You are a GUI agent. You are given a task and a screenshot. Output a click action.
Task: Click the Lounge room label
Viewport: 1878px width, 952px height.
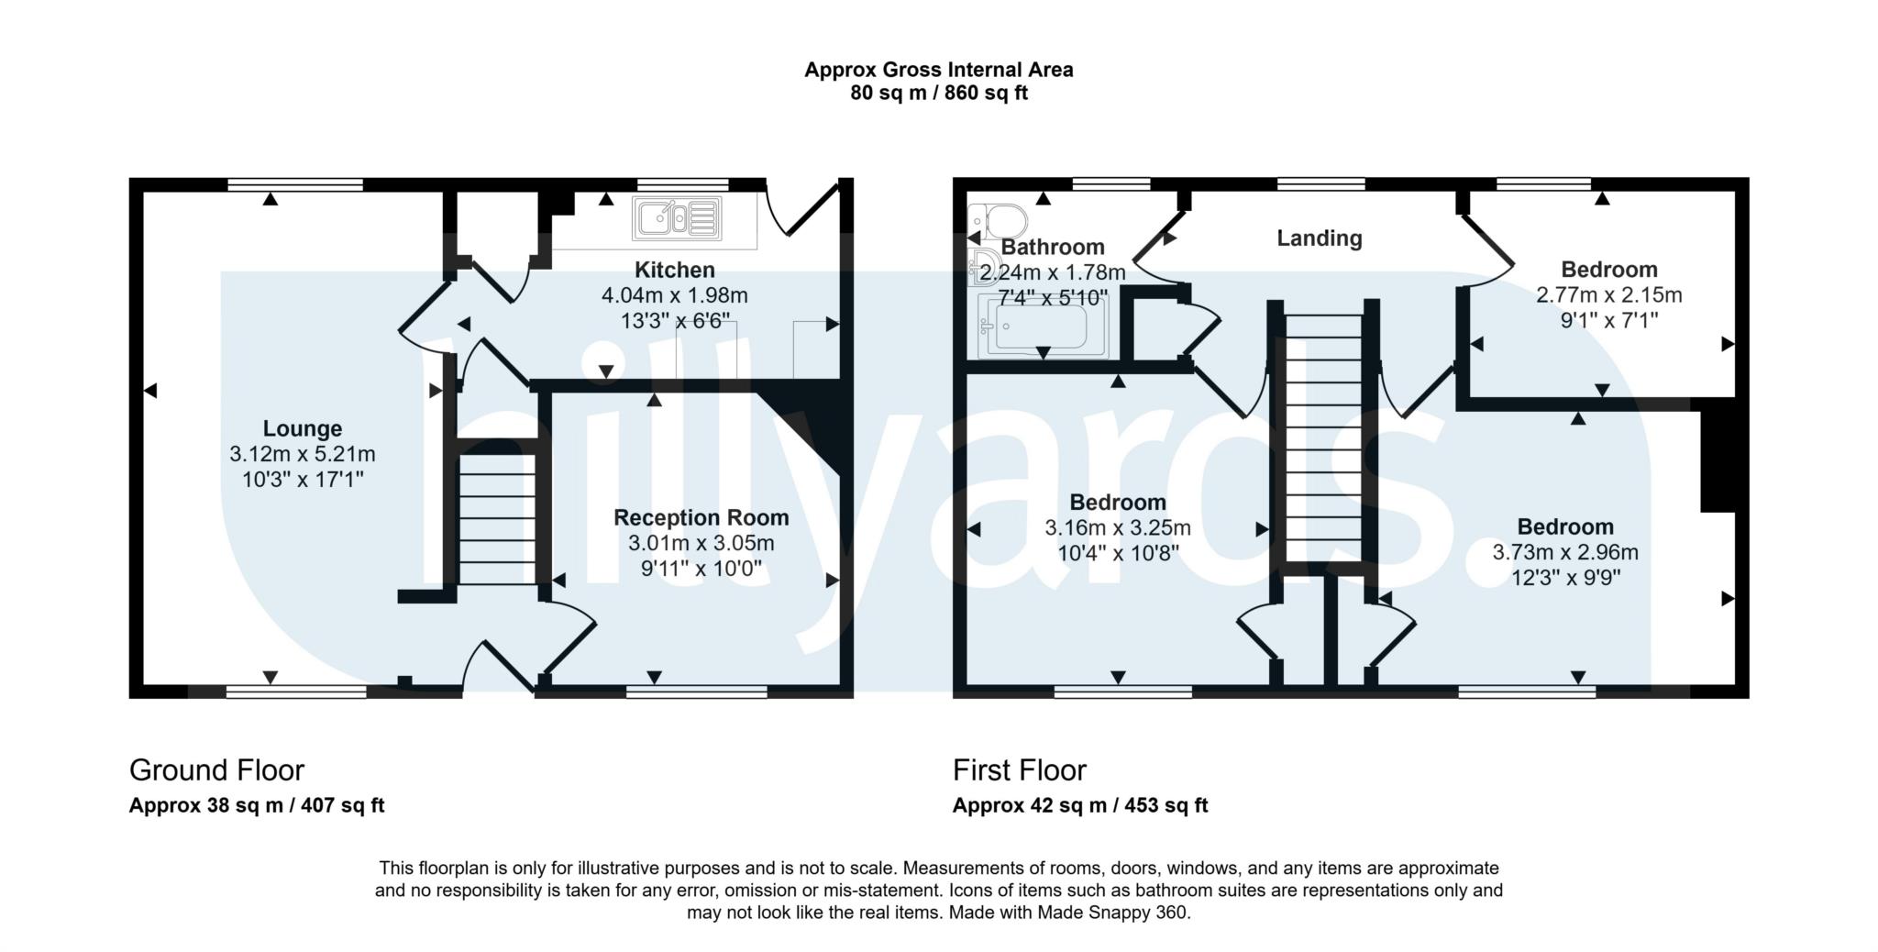click(302, 428)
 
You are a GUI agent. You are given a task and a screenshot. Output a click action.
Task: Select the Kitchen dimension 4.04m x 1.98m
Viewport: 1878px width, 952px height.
click(674, 295)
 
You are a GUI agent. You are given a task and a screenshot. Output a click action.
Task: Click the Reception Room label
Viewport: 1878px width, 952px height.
click(701, 517)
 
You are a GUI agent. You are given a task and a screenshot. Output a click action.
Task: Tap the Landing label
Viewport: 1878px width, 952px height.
click(1319, 238)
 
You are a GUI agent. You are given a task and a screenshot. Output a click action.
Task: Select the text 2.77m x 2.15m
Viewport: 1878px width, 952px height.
click(1608, 295)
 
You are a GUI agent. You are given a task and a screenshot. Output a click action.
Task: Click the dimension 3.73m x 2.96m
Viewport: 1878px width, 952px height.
click(1564, 552)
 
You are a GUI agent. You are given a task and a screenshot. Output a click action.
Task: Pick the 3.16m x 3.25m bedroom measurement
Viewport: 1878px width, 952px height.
click(1117, 527)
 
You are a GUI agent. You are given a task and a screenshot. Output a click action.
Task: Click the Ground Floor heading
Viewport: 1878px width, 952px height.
click(216, 769)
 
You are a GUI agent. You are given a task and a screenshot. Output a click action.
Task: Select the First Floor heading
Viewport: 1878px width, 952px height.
click(1019, 769)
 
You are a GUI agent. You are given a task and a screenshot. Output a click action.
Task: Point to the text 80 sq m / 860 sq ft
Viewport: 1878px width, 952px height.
click(938, 94)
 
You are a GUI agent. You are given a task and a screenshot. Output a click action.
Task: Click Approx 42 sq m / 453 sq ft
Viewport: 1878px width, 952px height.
click(1079, 805)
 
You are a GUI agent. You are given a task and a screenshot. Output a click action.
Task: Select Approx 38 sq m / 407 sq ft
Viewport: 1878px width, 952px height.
click(256, 805)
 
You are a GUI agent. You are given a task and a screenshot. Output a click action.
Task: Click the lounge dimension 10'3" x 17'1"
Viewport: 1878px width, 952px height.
click(302, 479)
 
